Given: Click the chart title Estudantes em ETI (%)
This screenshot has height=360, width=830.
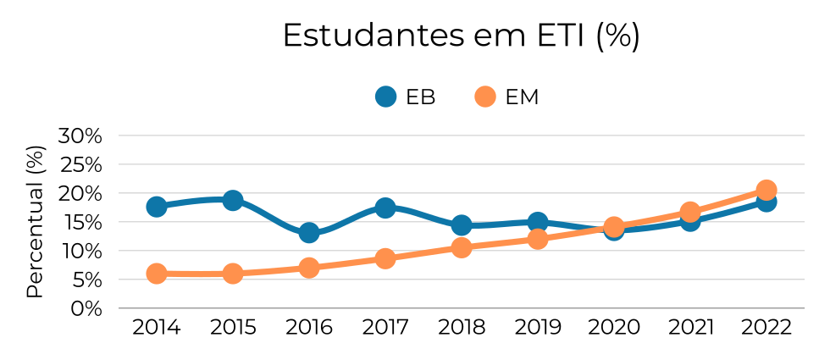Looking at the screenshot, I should [x=461, y=36].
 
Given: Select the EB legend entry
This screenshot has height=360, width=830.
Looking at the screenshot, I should [x=406, y=97].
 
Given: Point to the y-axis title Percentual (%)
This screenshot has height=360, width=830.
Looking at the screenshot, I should [x=34, y=222].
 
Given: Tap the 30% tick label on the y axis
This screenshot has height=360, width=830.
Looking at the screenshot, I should [x=80, y=136].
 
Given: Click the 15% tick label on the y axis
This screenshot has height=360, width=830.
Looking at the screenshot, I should [x=80, y=222].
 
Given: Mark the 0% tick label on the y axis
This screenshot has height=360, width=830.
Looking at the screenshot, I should [x=86, y=308].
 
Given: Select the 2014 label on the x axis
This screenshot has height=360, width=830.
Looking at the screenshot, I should [x=157, y=328].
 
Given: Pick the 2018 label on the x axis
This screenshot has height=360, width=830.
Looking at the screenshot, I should [x=462, y=328].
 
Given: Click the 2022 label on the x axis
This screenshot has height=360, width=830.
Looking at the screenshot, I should [x=766, y=328].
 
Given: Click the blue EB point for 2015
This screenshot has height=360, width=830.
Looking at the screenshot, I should [x=233, y=201].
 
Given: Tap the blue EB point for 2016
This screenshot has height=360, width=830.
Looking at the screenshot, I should [x=309, y=232].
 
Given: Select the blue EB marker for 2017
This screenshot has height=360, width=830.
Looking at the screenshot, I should [x=385, y=208].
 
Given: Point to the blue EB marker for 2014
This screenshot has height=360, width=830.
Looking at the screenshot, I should [x=157, y=207].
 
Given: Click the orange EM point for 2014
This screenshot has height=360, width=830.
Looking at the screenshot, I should [x=157, y=273].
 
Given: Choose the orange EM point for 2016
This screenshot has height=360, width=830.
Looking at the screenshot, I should [x=309, y=268].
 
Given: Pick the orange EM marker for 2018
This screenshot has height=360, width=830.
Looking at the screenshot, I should [x=462, y=247].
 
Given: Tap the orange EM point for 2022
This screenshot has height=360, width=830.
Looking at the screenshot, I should [x=766, y=190].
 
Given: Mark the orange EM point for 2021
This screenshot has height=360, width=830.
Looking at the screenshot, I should [x=690, y=212].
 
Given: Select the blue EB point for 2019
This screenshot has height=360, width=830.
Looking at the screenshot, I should [x=538, y=223].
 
